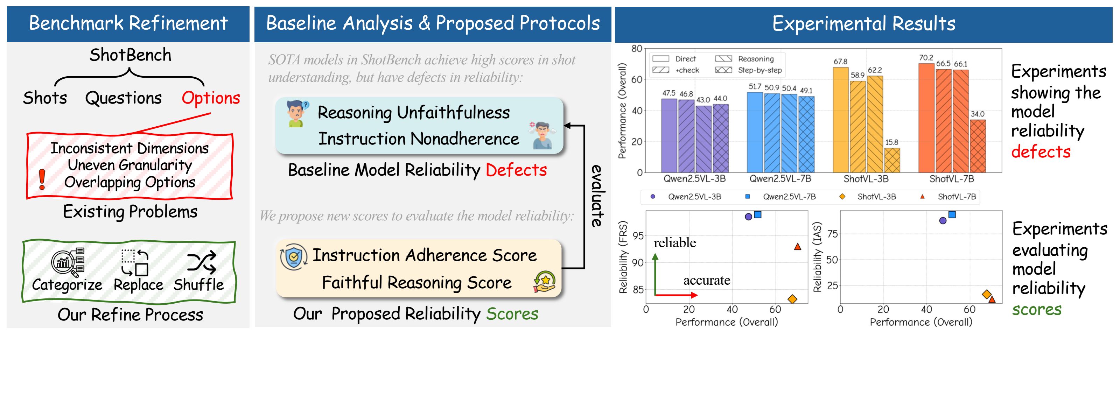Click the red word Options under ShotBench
pyautogui.click(x=210, y=98)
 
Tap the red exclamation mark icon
pyautogui.click(x=42, y=179)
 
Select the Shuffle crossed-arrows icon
pyautogui.click(x=201, y=262)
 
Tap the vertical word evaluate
pyautogui.click(x=597, y=196)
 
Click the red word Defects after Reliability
pyautogui.click(x=516, y=170)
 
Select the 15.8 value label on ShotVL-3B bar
pyautogui.click(x=891, y=142)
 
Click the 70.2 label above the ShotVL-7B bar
pyautogui.click(x=926, y=57)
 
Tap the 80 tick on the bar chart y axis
pyautogui.click(x=637, y=49)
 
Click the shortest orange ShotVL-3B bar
pyautogui.click(x=892, y=160)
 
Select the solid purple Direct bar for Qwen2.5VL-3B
pyautogui.click(x=669, y=135)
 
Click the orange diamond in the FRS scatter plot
pyautogui.click(x=792, y=299)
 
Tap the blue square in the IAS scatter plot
pyautogui.click(x=952, y=214)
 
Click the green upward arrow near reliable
pyautogui.click(x=655, y=274)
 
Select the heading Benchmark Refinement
pyautogui.click(x=128, y=23)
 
